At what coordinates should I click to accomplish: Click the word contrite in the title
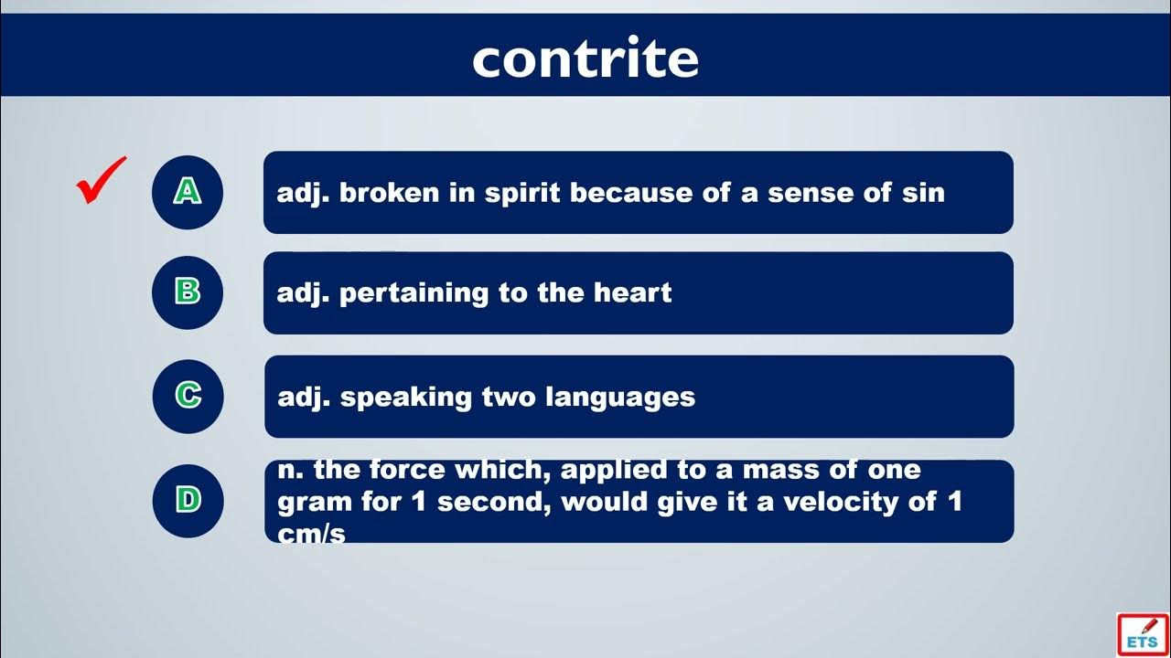pyautogui.click(x=585, y=58)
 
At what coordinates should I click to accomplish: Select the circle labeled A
pyautogui.click(x=188, y=192)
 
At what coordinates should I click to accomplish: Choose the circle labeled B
pyautogui.click(x=188, y=292)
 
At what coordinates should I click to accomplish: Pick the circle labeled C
pyautogui.click(x=188, y=397)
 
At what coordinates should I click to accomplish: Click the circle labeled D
pyautogui.click(x=188, y=501)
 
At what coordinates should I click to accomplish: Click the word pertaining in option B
pyautogui.click(x=414, y=294)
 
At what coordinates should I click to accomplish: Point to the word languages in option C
pyautogui.click(x=620, y=398)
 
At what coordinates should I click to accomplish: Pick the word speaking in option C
pyautogui.click(x=406, y=398)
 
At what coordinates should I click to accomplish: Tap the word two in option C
pyautogui.click(x=508, y=398)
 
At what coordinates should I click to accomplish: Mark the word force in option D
pyautogui.click(x=407, y=470)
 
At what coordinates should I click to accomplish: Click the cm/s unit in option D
pyautogui.click(x=311, y=534)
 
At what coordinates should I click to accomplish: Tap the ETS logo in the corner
pyautogui.click(x=1143, y=635)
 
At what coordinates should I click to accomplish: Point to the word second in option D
pyautogui.click(x=493, y=503)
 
